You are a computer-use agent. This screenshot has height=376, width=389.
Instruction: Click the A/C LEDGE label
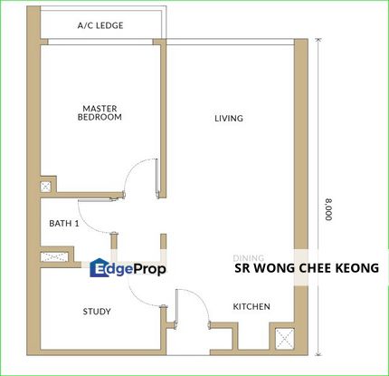click(100, 25)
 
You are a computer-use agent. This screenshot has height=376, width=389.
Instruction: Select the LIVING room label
click(228, 119)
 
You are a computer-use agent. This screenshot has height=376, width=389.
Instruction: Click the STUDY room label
click(97, 312)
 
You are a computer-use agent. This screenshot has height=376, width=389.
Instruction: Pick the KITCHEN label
click(251, 307)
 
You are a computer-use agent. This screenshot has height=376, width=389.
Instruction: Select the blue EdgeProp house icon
click(99, 267)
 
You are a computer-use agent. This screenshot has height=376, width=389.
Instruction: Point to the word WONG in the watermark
click(272, 268)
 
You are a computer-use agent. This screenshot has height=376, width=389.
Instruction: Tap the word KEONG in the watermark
click(355, 268)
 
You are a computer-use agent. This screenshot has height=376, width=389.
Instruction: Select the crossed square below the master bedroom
click(47, 187)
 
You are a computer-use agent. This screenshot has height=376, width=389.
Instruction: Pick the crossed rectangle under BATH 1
click(61, 257)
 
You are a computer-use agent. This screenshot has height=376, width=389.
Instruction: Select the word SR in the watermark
click(242, 268)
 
